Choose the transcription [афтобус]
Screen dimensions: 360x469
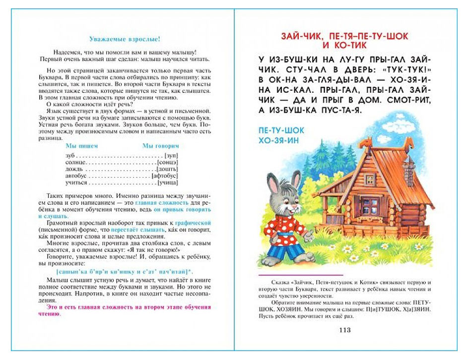click(166, 176)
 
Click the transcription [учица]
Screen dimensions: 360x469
click(168, 182)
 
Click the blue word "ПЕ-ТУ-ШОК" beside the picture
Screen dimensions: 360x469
click(281, 130)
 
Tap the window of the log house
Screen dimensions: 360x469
click(369, 204)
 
